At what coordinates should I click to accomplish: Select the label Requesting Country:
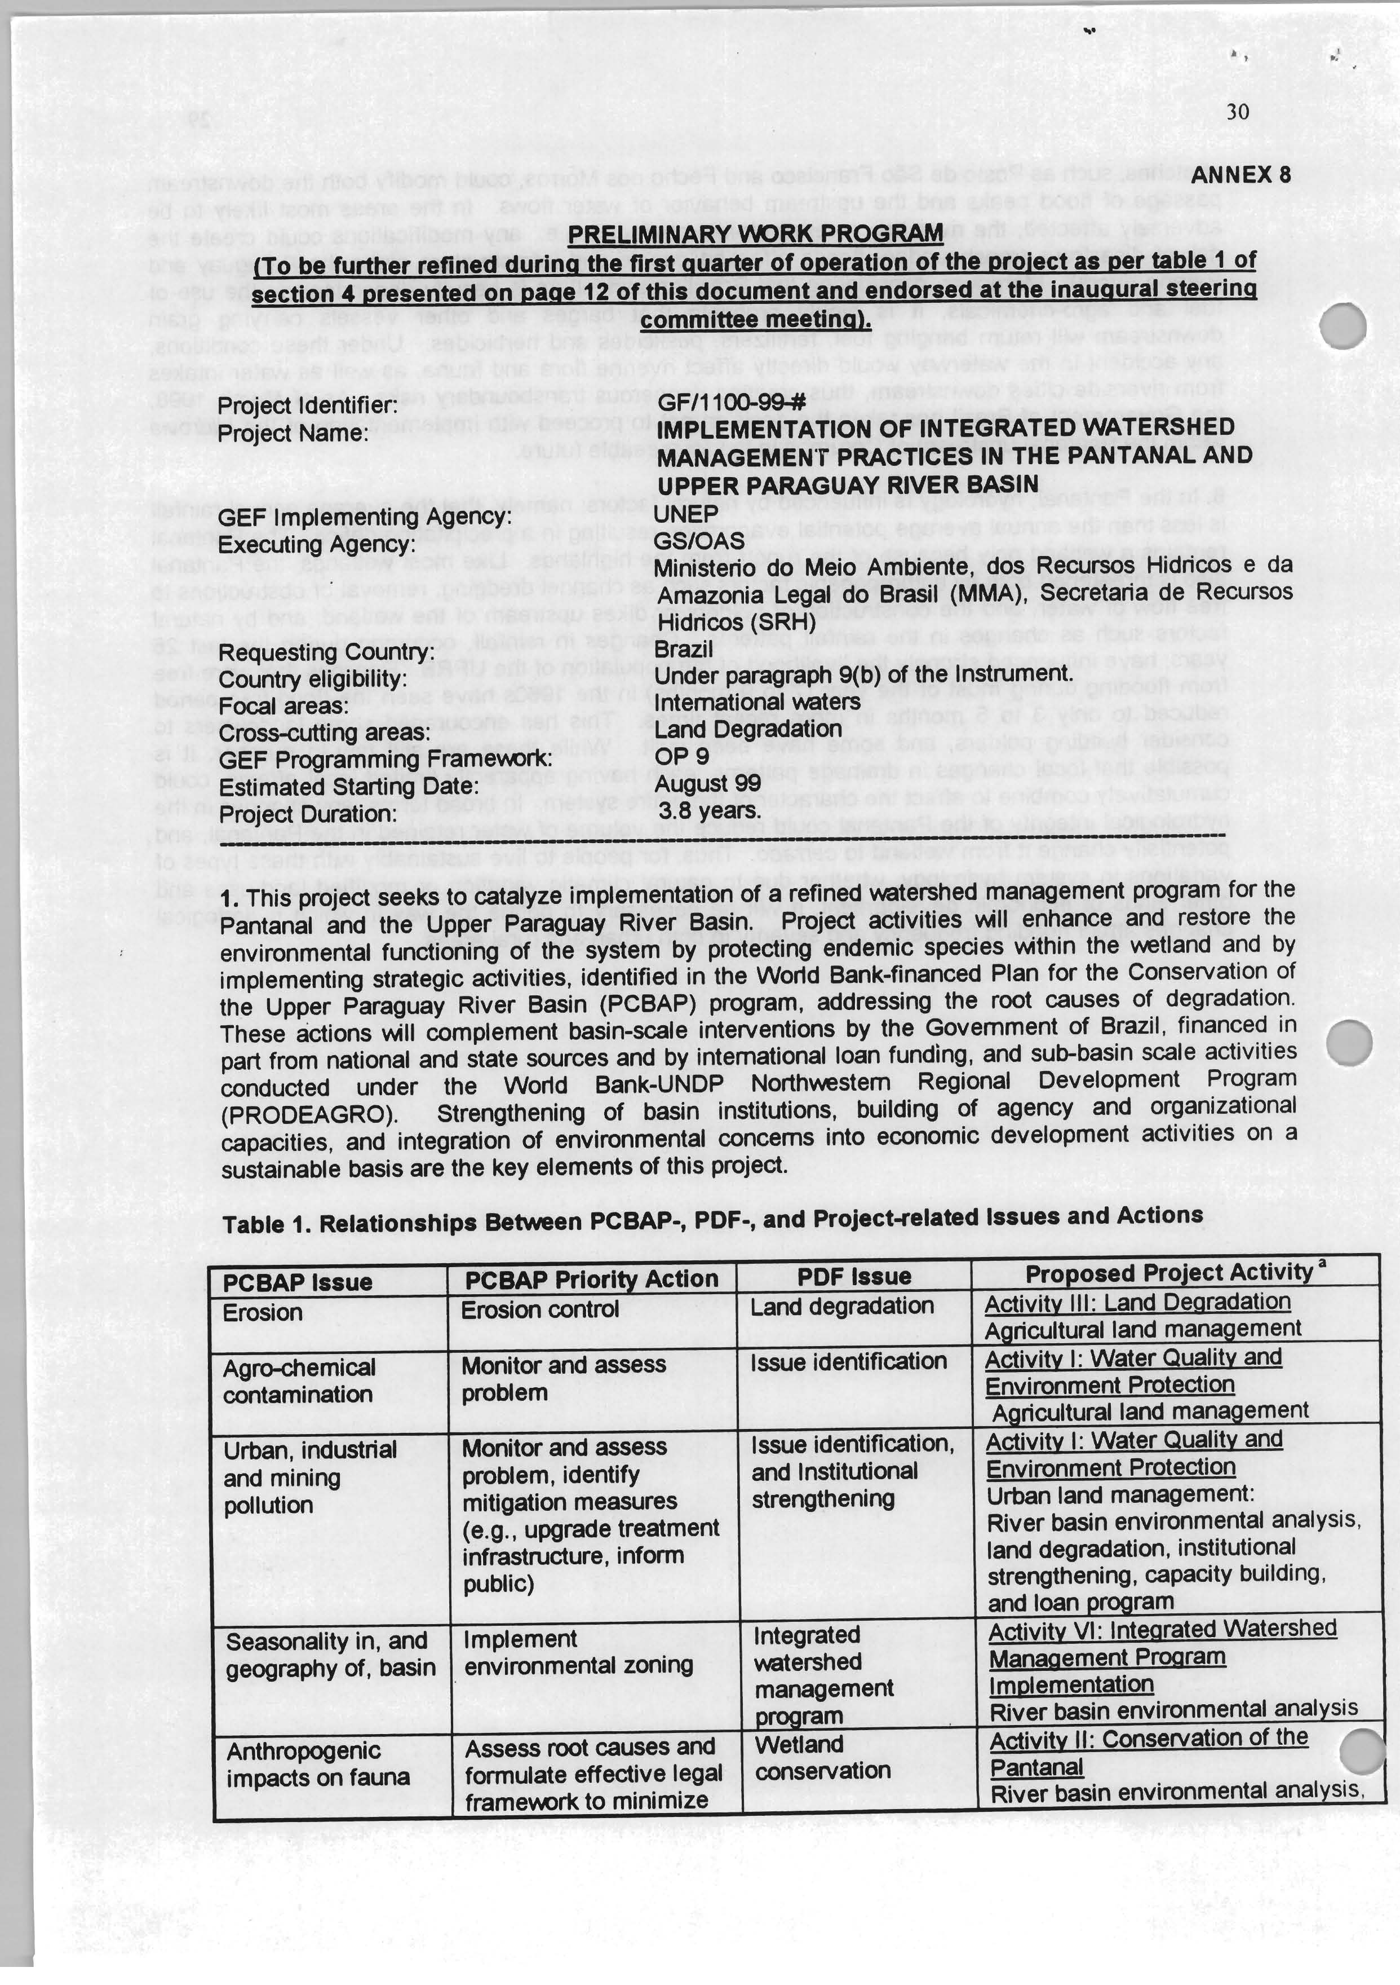click(x=325, y=652)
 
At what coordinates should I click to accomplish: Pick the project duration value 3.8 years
click(x=708, y=811)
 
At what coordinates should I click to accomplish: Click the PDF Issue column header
click(x=854, y=1277)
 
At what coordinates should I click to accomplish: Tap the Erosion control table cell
click(x=539, y=1310)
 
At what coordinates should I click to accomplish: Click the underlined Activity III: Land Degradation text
click(x=1137, y=1302)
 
